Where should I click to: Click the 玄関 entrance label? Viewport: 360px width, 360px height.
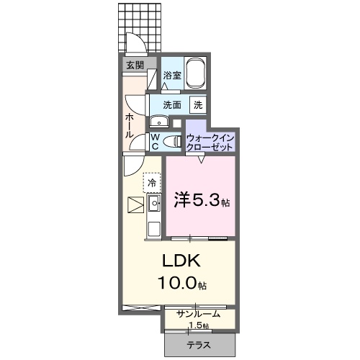[135, 65]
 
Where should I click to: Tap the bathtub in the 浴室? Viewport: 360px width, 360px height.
[197, 73]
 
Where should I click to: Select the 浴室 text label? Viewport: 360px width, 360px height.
[171, 75]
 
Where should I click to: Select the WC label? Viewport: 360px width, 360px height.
[154, 141]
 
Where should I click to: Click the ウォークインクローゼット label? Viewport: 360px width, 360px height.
[210, 141]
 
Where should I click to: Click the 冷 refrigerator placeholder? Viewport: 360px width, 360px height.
[152, 183]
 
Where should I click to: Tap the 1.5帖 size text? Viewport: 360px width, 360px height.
[199, 325]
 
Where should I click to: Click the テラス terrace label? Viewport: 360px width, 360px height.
[199, 345]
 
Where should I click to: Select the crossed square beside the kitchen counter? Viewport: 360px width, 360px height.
[135, 205]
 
